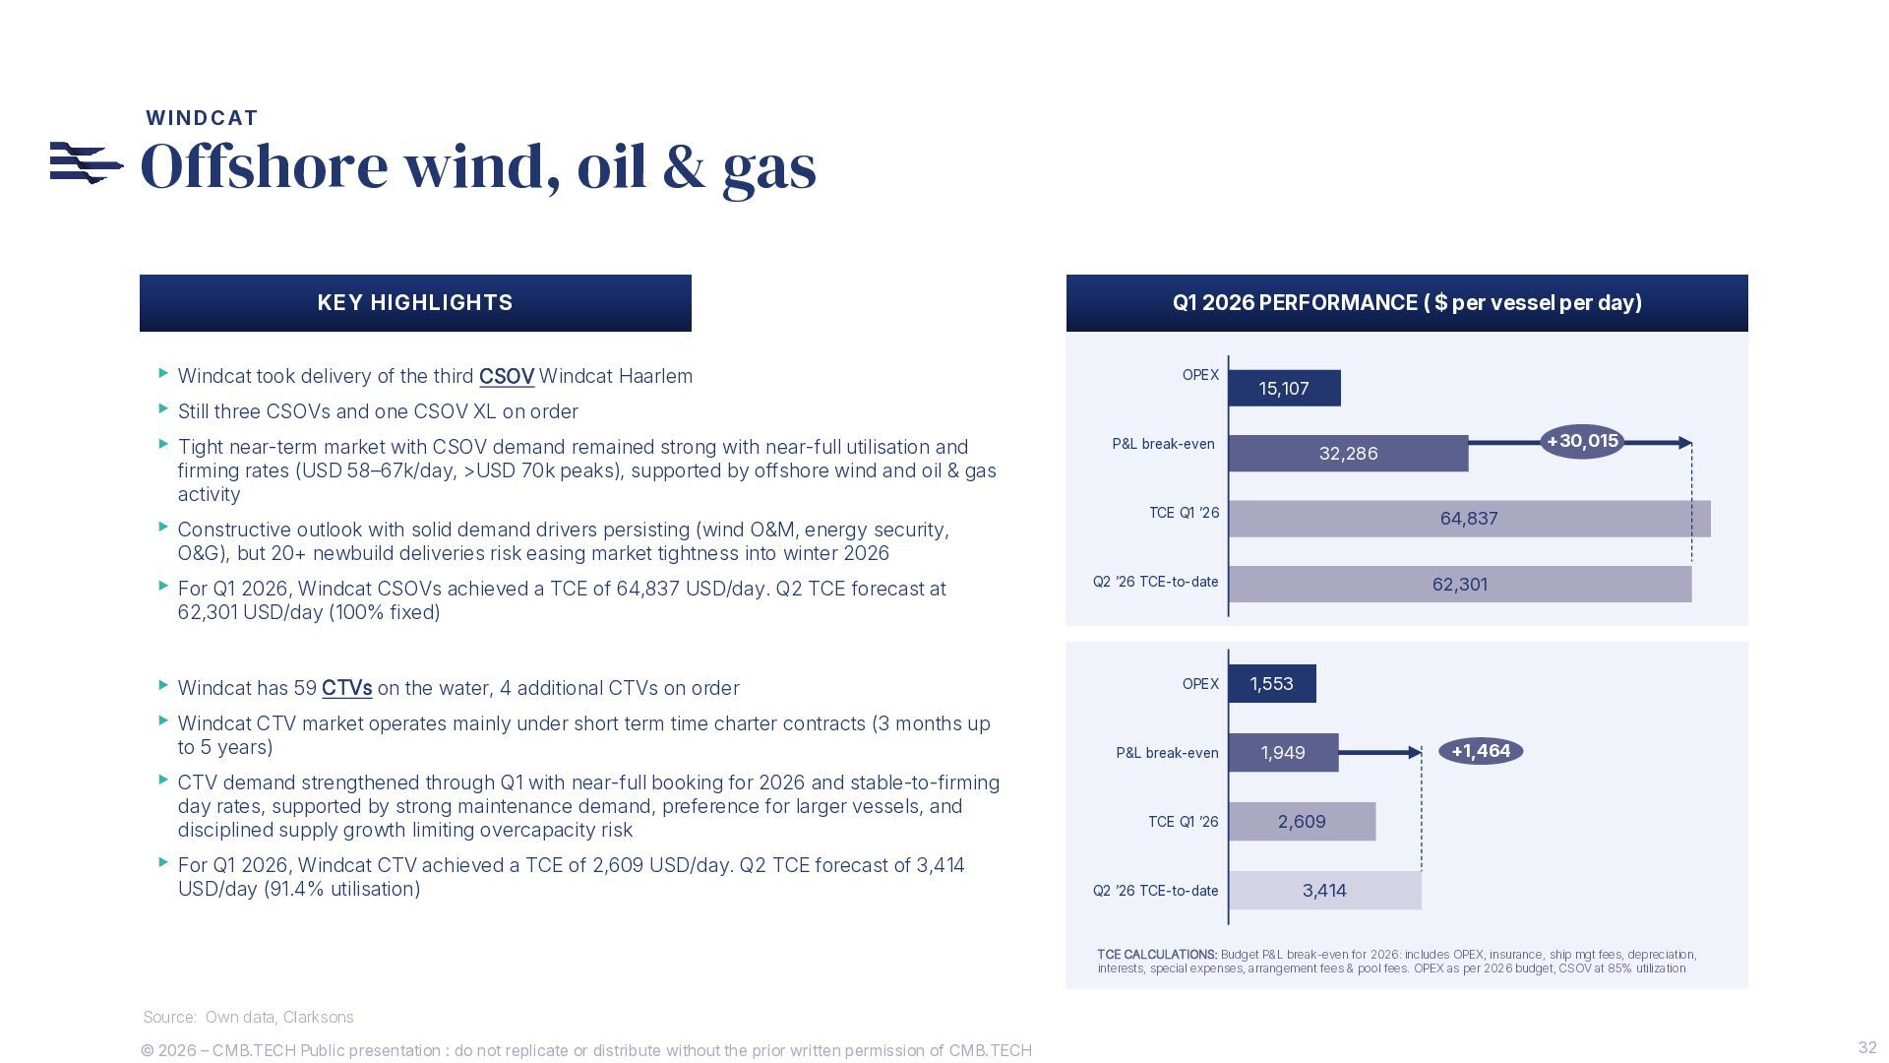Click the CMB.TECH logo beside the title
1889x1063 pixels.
point(87,163)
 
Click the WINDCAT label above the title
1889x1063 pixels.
point(202,118)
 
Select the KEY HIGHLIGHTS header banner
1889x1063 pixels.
point(415,303)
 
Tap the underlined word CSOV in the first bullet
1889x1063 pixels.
point(507,376)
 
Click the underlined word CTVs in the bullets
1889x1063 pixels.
point(347,688)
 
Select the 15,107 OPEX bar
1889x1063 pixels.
point(1285,388)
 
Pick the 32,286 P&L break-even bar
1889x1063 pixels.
point(1349,453)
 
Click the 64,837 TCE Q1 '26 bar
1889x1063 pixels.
point(1470,519)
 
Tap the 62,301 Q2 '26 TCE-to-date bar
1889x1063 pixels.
point(1460,584)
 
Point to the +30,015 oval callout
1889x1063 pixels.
point(1582,441)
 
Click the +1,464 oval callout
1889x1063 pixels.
point(1481,751)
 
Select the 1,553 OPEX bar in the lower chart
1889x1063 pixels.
point(1272,683)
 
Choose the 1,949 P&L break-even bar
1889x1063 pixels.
point(1284,752)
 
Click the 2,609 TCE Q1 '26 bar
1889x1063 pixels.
point(1303,821)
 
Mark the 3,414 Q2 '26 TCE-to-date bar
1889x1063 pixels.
point(1325,890)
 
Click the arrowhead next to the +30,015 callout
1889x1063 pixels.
point(1685,443)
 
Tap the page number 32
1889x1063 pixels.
point(1867,1047)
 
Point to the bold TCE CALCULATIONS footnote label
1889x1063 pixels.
point(1157,955)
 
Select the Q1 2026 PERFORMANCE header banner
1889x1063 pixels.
point(1407,303)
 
